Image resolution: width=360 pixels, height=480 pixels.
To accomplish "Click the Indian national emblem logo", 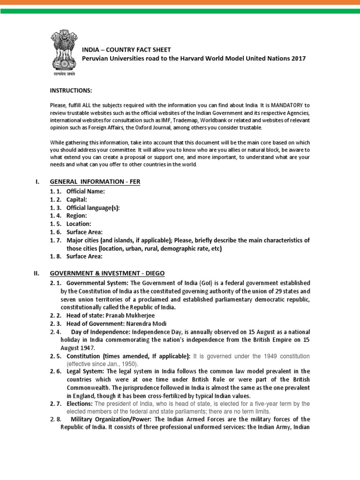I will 64,52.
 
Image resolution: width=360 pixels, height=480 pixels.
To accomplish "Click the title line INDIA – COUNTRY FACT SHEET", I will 127,50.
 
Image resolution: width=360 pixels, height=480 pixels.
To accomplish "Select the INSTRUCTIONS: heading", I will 71,90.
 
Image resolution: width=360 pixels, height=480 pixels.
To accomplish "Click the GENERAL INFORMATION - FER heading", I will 95,181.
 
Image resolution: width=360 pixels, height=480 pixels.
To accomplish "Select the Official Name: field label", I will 86,192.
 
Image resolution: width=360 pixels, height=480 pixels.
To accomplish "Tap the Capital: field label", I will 76,200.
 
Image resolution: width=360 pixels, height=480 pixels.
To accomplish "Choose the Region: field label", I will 76,216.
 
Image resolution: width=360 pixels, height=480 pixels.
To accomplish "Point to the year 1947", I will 88,348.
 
